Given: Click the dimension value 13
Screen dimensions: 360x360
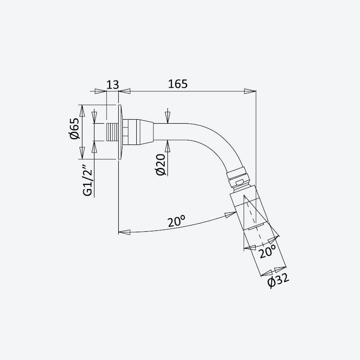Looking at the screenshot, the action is (113, 85).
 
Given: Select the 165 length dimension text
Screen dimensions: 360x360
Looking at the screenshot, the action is (178, 84).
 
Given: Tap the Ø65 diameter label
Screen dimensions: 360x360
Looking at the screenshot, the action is (75, 128).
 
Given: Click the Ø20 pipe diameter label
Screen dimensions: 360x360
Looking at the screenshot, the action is (161, 165).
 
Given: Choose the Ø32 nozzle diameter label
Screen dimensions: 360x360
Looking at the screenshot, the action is (278, 280).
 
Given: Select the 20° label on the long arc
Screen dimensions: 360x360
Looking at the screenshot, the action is (176, 221).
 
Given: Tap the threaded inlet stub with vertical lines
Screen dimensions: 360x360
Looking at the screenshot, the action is (112, 132).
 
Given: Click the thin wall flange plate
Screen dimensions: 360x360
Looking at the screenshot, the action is (120, 132).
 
